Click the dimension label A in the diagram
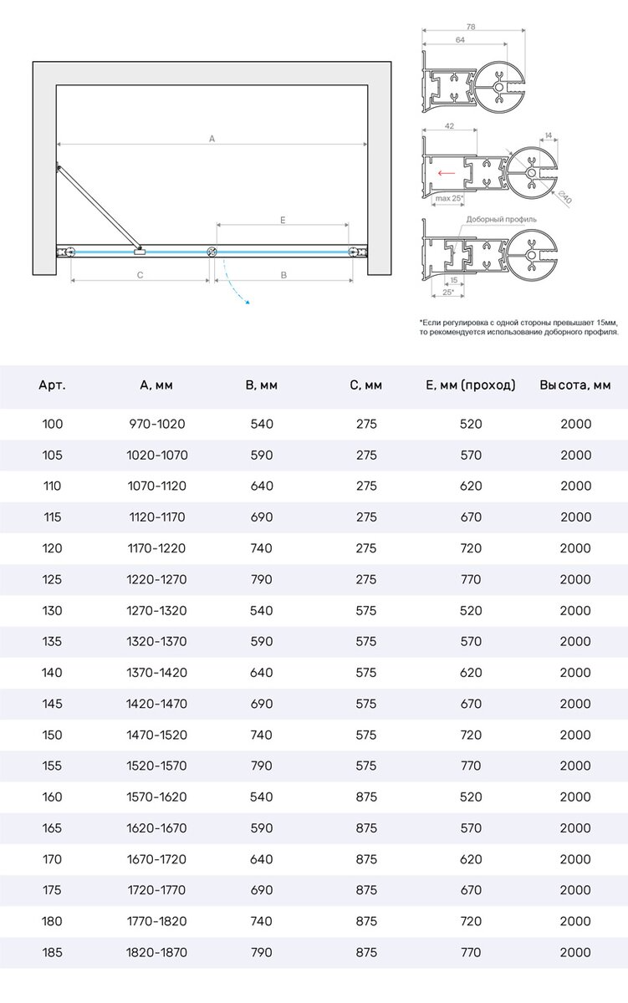[x=212, y=140]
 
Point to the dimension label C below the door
[x=140, y=274]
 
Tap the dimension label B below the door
[x=283, y=274]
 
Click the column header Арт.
[x=52, y=385]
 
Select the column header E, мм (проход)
[x=471, y=385]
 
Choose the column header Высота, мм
[x=575, y=385]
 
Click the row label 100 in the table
[x=52, y=424]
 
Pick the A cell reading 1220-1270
[x=157, y=579]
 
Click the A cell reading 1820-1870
[x=157, y=952]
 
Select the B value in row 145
[x=262, y=704]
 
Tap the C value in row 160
[x=365, y=797]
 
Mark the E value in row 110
[x=471, y=486]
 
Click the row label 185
[x=52, y=952]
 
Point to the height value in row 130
[x=575, y=610]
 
